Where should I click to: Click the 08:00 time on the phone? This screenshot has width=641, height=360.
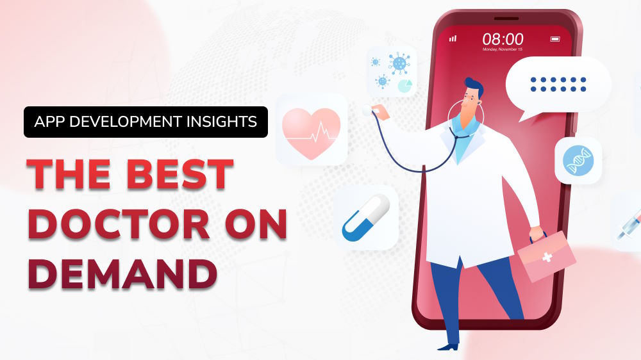(x=503, y=38)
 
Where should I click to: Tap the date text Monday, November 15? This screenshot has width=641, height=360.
(x=503, y=49)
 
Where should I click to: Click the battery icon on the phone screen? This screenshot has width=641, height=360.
(x=556, y=39)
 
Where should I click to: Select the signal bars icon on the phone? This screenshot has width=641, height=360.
(x=453, y=38)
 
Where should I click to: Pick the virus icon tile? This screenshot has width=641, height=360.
(x=392, y=71)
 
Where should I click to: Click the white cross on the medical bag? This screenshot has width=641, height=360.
(x=547, y=257)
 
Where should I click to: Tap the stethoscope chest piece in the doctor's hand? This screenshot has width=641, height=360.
(x=367, y=110)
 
